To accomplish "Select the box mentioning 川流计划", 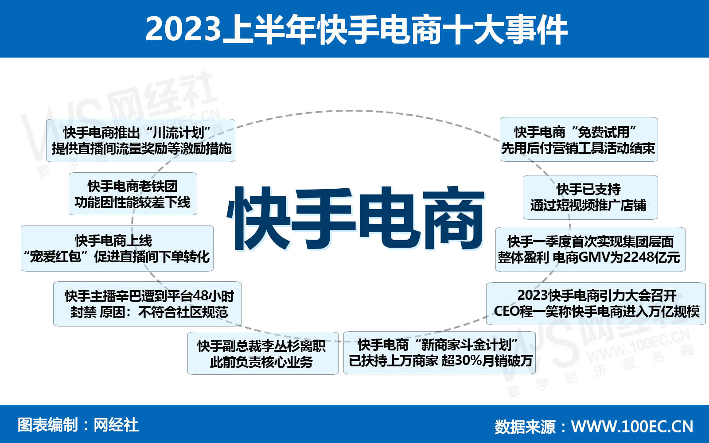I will coord(141,140).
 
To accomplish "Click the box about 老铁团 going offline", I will coord(132,194).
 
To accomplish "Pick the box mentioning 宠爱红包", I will coord(117,249).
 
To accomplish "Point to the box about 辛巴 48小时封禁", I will coord(148,304).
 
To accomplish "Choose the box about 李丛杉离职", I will coord(262,354).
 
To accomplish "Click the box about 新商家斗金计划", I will coord(440,353).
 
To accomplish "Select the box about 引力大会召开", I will coord(596,303).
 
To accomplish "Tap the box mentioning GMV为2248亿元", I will coord(590,249).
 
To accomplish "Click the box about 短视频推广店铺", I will coord(590,198).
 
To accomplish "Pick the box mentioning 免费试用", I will coord(579,140).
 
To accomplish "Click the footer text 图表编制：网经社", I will coord(78,425).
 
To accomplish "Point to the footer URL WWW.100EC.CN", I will coord(632,426).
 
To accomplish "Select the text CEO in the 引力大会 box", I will coord(507,311).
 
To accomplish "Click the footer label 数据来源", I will coord(525,426).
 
